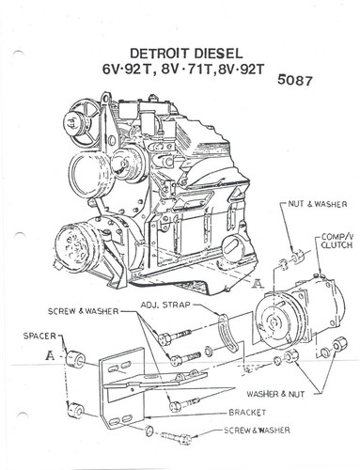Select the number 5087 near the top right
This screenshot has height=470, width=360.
(297, 81)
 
